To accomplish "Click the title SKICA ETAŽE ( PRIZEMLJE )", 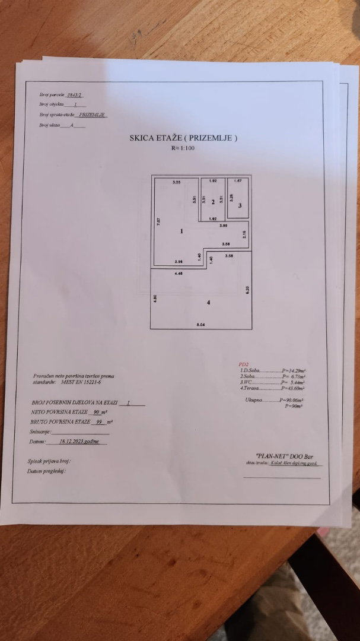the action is coord(183,137).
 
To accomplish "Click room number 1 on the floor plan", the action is coord(181,231).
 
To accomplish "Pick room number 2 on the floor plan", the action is coord(212,202).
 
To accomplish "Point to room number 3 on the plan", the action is coord(239,205).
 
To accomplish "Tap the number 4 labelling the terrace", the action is coord(208,303).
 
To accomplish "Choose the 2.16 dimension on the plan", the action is coord(244,234).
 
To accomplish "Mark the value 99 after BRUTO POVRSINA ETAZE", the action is coord(99,421).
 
